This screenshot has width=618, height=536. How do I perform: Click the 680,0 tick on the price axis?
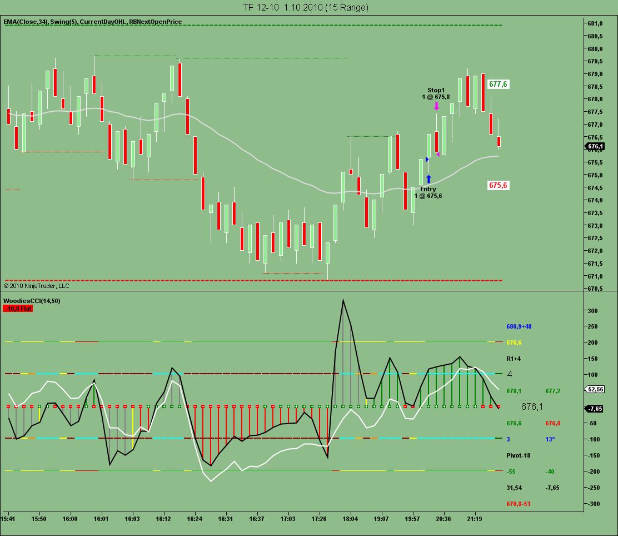(x=596, y=49)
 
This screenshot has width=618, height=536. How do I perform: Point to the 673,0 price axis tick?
(x=596, y=226)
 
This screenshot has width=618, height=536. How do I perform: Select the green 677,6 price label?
(x=498, y=84)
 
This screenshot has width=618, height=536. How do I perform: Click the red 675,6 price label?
(x=498, y=185)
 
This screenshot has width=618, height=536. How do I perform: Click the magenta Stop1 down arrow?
(x=437, y=106)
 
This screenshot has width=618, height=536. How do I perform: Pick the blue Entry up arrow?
(x=428, y=179)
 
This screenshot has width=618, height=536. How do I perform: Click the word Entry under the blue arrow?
(x=428, y=189)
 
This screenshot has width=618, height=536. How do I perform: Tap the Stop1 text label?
(x=436, y=90)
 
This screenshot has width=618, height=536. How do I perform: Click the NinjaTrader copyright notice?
(x=37, y=286)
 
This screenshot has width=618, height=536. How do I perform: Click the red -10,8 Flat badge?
(x=18, y=308)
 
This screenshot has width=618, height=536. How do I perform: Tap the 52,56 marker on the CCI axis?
(x=595, y=390)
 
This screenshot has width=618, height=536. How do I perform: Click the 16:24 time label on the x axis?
(x=195, y=518)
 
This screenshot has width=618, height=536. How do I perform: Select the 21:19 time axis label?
(x=474, y=518)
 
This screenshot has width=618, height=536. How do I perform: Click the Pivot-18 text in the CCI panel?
(x=519, y=455)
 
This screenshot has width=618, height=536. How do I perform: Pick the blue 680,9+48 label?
(x=523, y=326)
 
